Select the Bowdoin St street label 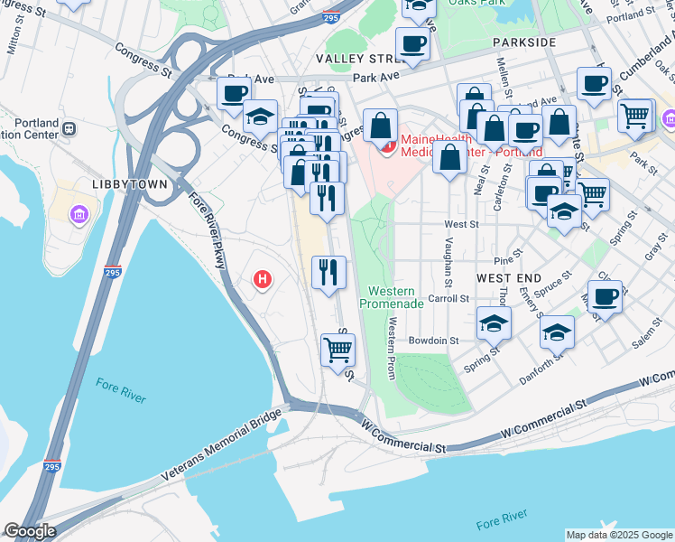pyautogui.click(x=434, y=341)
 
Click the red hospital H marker pyautogui.click(x=263, y=280)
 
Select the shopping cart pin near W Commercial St pyautogui.click(x=337, y=350)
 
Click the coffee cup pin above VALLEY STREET pyautogui.click(x=412, y=43)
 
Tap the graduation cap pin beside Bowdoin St pyautogui.click(x=494, y=323)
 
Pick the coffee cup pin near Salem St pyautogui.click(x=606, y=297)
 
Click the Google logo pyautogui.click(x=29, y=531)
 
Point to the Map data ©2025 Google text pyautogui.click(x=618, y=535)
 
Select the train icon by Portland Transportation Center pyautogui.click(x=69, y=128)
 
